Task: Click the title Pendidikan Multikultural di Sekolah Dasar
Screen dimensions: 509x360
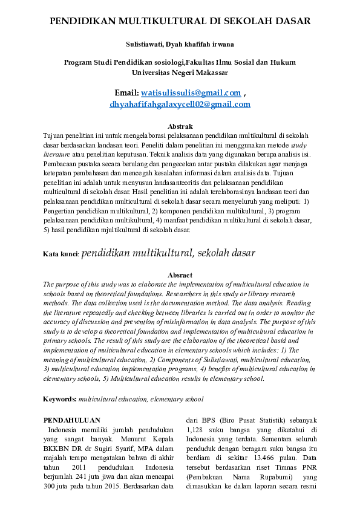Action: point(180,21)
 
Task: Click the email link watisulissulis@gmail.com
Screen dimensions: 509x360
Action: point(191,92)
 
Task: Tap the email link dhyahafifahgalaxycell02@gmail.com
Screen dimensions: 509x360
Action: point(180,104)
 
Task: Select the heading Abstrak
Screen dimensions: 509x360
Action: point(180,126)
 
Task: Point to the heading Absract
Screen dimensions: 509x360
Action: point(180,275)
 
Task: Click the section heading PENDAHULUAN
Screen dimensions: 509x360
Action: point(72,420)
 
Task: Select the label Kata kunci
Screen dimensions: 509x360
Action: point(61,254)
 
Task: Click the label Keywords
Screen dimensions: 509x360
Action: point(59,400)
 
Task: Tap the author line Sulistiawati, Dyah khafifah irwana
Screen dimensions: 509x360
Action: point(180,44)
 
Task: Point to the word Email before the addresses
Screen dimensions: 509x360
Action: point(125,92)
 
